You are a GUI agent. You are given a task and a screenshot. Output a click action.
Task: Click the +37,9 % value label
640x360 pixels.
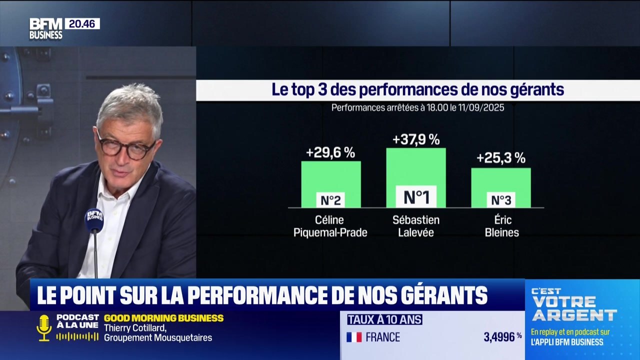coord(416,139)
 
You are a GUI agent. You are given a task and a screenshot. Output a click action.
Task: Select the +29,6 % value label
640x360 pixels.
coord(330,152)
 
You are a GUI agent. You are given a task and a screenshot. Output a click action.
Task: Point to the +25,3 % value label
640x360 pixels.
coord(500,158)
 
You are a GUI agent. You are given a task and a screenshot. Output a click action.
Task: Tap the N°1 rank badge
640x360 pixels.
coord(416,197)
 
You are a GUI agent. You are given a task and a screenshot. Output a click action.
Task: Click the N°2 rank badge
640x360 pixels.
coord(330,200)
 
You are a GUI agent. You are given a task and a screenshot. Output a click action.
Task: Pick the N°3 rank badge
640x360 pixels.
coord(500,200)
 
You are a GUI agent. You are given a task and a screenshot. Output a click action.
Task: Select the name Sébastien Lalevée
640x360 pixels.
coord(416,226)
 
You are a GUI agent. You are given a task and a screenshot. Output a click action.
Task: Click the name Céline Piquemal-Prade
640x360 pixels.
coord(330,226)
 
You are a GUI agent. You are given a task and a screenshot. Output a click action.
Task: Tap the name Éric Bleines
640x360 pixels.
coord(501,226)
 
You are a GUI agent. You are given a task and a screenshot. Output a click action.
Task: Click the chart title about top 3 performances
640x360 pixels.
coord(417,90)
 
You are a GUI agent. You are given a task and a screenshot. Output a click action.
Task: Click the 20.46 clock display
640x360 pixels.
coord(82,23)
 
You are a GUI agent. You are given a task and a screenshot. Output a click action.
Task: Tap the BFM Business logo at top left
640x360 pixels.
coord(46,28)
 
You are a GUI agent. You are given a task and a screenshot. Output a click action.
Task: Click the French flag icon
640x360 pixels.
coord(354,337)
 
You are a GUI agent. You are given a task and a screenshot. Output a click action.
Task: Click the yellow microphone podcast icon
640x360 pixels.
coord(44,327)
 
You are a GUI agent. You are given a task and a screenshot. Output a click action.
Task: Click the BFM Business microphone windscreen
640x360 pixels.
coord(94,220)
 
